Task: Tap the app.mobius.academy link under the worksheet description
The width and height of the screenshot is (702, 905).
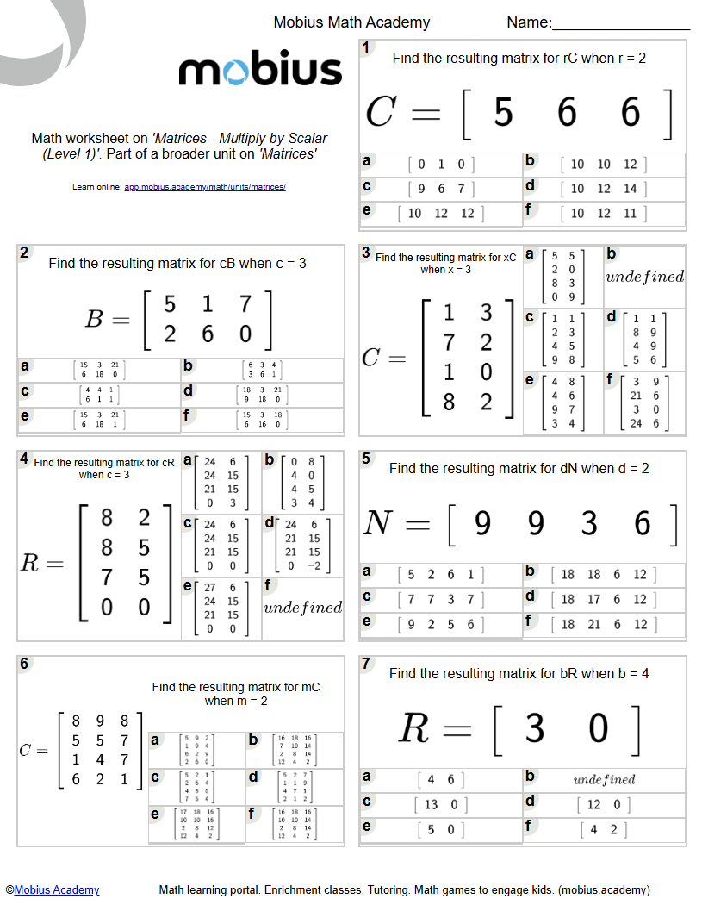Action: (205, 186)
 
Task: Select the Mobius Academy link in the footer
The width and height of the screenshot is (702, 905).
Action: (57, 889)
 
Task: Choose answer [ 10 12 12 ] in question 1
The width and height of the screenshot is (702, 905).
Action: (441, 213)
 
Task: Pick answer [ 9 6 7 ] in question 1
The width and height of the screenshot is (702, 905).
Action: (441, 189)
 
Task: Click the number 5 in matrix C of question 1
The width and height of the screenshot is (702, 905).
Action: (503, 113)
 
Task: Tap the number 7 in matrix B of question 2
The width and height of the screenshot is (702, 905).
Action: (245, 304)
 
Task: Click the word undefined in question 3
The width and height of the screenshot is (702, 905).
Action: (644, 277)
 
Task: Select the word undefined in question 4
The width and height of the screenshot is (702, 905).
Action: (302, 608)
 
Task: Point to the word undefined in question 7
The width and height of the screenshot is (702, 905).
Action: (604, 779)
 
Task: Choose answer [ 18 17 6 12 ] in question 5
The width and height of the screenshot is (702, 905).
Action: (603, 599)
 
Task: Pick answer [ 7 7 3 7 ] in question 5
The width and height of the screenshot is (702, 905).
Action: (441, 599)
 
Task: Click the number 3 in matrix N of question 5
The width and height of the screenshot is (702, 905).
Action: (589, 523)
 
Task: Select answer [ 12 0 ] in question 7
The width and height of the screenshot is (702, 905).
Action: (603, 804)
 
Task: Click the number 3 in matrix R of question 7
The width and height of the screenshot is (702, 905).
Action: (535, 729)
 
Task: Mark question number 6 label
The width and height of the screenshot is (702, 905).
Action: (24, 664)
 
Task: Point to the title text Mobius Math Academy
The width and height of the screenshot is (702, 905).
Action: (351, 22)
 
